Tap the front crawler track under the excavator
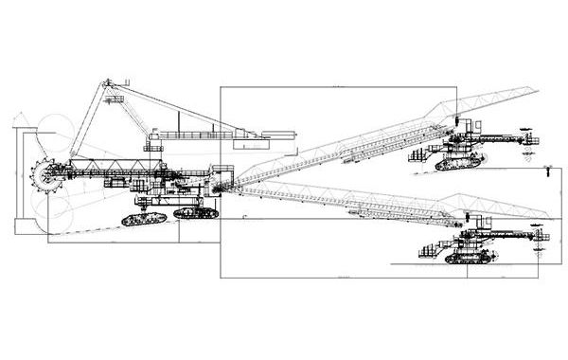point(143,219)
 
